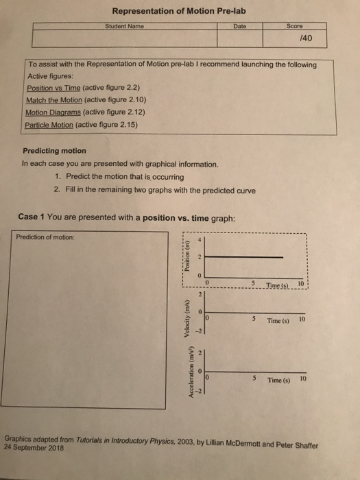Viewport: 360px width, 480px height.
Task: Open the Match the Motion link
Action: point(54,100)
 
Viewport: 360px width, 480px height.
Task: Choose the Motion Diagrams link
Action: point(51,112)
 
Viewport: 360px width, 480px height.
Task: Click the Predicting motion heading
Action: point(55,151)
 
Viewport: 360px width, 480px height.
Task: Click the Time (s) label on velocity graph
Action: point(278,320)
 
